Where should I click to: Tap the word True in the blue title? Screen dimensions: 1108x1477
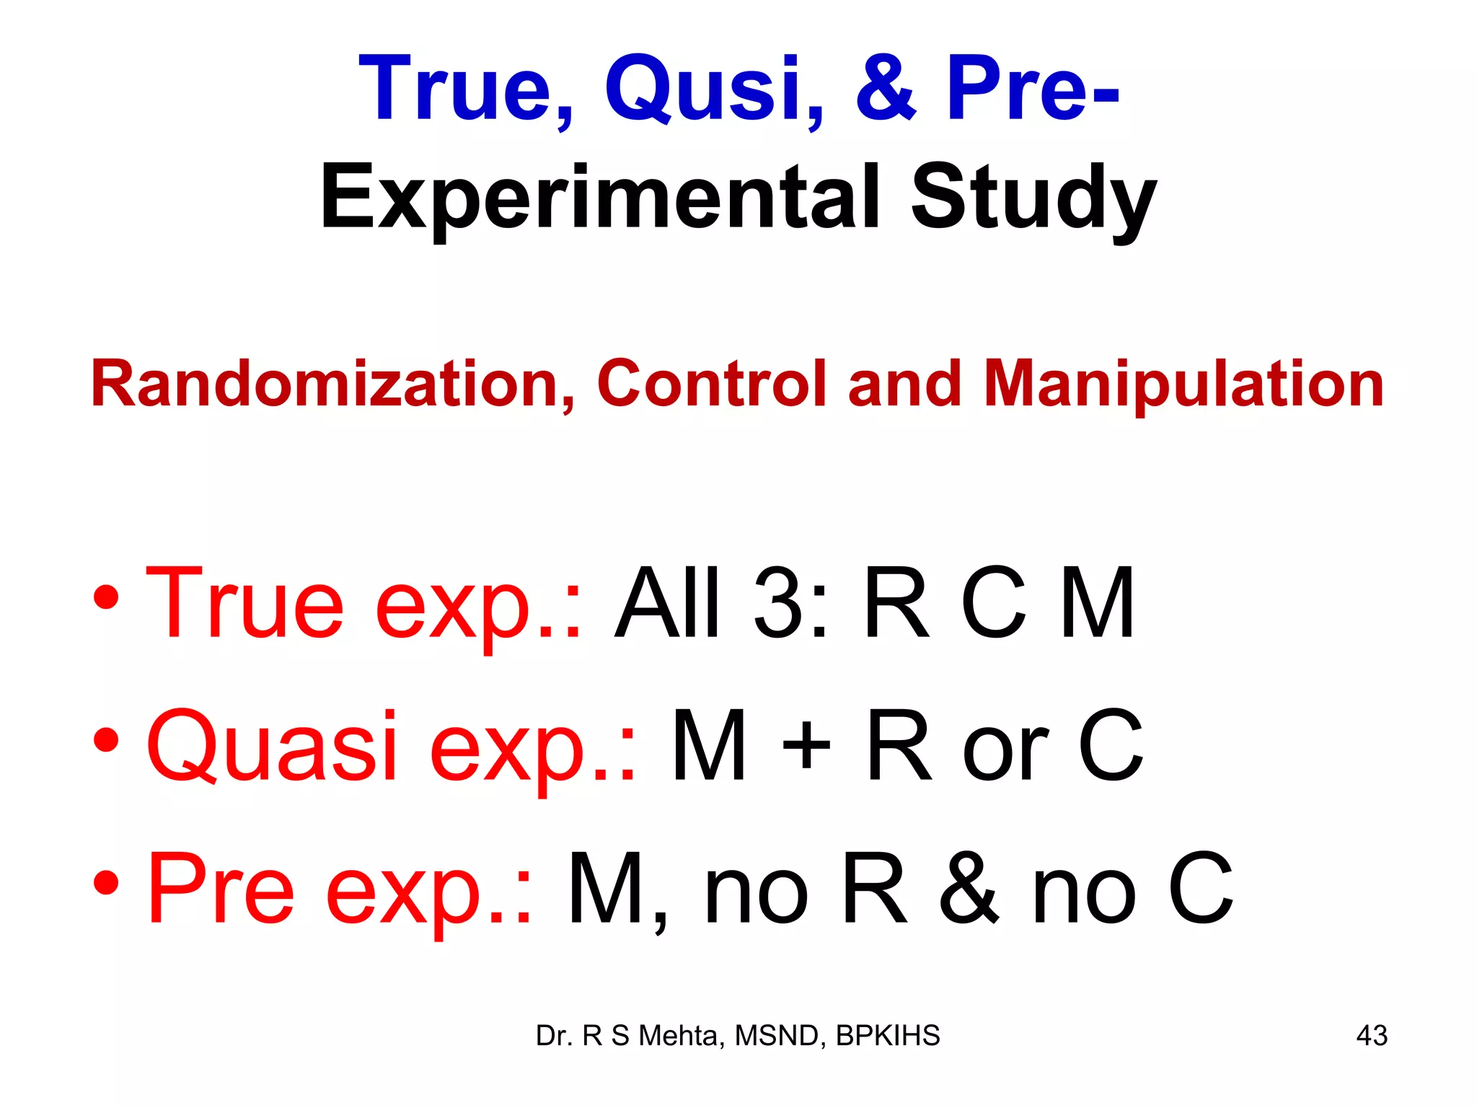click(x=465, y=89)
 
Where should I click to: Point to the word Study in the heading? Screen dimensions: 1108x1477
click(x=1033, y=198)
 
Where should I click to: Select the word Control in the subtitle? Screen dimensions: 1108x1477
click(x=710, y=384)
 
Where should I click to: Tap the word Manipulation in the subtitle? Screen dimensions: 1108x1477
click(x=1183, y=384)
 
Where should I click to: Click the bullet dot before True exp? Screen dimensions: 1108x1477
click(x=106, y=597)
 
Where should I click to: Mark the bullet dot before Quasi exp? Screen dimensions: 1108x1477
click(x=106, y=740)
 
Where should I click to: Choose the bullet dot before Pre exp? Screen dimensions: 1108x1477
click(x=106, y=883)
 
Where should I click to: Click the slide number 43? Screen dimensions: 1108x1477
click(x=1372, y=1036)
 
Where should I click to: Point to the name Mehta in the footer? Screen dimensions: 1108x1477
click(x=678, y=1036)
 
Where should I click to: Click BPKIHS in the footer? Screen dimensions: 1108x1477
click(x=888, y=1036)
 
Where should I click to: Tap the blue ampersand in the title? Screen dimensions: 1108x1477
click(x=885, y=89)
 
